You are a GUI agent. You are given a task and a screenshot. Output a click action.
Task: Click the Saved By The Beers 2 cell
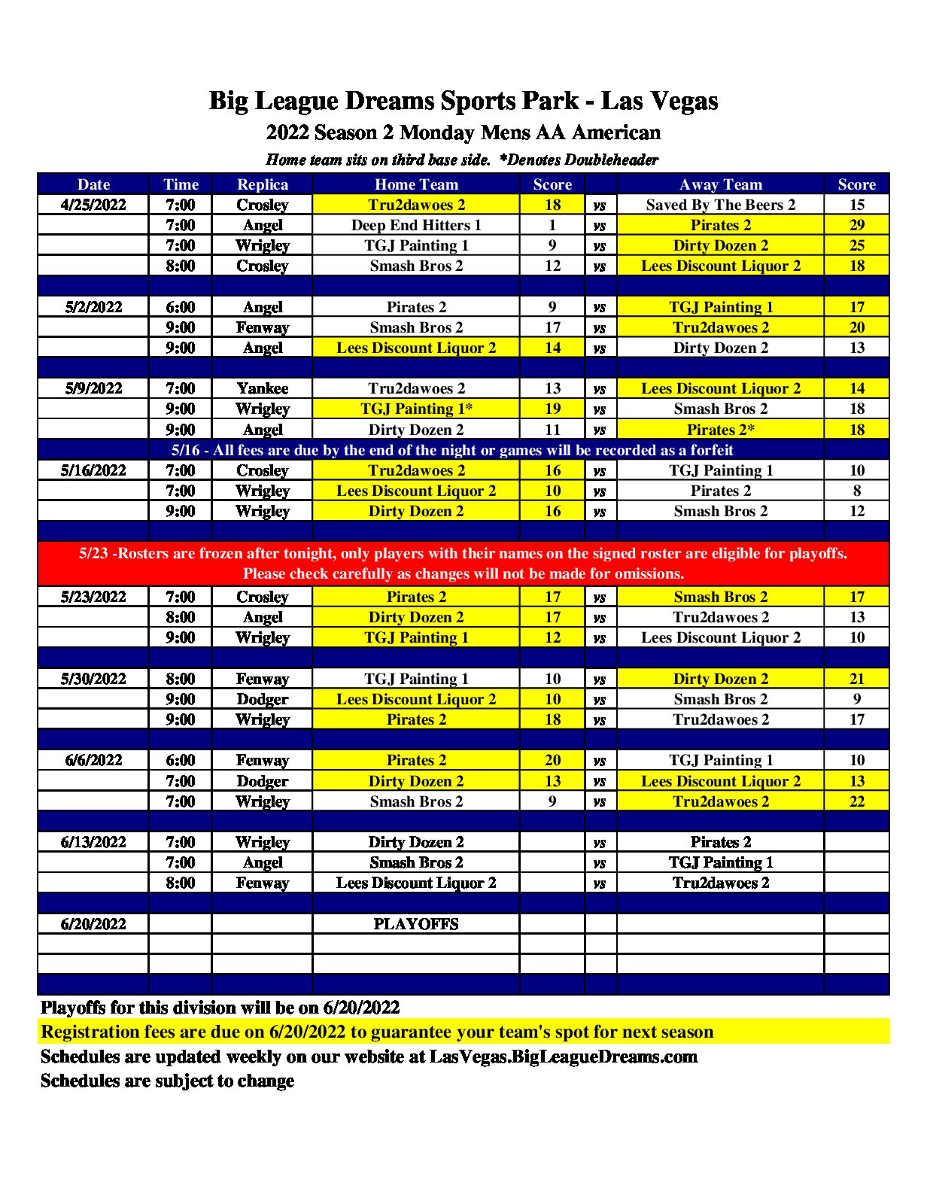(720, 205)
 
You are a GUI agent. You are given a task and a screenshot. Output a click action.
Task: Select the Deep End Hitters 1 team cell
(415, 225)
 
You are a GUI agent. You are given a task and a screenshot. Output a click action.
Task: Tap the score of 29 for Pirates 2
(856, 225)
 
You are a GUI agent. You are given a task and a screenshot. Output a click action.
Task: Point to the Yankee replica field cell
(262, 388)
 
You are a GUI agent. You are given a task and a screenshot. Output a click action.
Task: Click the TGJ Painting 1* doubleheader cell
(415, 409)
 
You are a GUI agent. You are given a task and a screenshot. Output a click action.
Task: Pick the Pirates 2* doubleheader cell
(720, 430)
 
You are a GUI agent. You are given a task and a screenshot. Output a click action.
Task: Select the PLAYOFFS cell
(415, 924)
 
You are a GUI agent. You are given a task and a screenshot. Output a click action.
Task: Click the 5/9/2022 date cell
(93, 388)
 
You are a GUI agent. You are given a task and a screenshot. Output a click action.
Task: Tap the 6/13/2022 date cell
(93, 842)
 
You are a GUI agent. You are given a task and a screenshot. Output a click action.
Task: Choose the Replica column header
(262, 184)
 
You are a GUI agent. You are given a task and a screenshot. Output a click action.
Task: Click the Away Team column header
(720, 184)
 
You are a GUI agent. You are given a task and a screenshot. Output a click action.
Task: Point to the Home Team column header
(415, 184)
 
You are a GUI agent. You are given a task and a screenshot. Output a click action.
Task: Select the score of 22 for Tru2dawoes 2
(856, 801)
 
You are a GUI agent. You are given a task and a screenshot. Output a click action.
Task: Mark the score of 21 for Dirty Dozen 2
(856, 679)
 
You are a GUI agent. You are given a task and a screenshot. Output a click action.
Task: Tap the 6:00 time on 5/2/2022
(181, 307)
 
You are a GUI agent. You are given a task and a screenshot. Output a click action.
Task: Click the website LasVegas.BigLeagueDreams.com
(563, 1057)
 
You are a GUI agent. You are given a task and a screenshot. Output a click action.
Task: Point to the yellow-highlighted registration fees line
(376, 1032)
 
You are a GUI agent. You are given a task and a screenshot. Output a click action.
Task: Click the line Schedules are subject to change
(167, 1081)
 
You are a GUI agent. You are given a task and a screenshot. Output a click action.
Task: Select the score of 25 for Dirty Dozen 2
(856, 245)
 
